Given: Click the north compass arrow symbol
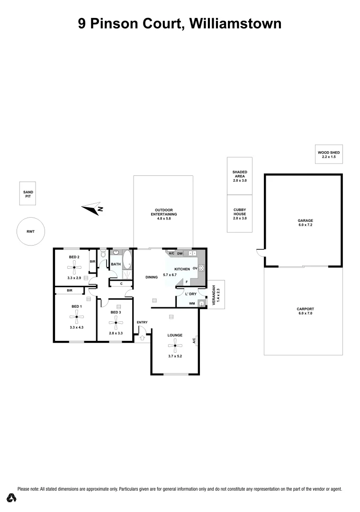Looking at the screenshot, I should click(92, 208).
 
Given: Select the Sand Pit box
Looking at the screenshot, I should click(29, 193).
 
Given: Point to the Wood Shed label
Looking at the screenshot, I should click(329, 154).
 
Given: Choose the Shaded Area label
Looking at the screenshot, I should click(240, 176).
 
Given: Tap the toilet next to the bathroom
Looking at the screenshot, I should click(104, 255).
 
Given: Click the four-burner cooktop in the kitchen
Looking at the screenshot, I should click(201, 268).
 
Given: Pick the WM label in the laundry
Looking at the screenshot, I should click(192, 303).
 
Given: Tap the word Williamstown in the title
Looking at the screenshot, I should click(235, 23).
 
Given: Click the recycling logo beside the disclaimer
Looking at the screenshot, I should click(11, 497).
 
